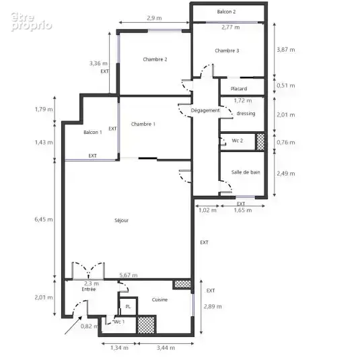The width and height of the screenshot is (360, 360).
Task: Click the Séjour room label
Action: [x=121, y=221]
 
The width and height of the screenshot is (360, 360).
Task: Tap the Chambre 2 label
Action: [x=155, y=59]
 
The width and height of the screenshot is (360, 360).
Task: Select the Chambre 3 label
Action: [x=227, y=50]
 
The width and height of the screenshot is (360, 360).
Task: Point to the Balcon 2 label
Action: [x=226, y=11]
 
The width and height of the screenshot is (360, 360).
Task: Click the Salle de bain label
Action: [x=246, y=172]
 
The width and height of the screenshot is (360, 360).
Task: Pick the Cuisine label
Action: [x=159, y=299]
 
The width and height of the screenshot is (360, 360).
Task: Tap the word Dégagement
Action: [x=205, y=110]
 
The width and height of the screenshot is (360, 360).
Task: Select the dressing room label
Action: [x=246, y=114]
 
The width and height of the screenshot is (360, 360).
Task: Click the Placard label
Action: [x=239, y=89]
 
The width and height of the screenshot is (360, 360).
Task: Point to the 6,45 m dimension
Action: [x=44, y=219]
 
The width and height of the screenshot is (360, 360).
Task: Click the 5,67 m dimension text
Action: [x=129, y=275]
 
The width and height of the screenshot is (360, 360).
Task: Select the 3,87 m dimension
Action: [x=286, y=50]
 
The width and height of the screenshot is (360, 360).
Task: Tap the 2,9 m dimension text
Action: [x=154, y=18]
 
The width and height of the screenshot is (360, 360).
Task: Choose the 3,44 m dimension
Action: [x=166, y=348]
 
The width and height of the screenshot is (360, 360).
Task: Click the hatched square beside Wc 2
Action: [x=260, y=142]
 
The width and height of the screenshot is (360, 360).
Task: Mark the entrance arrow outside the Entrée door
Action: [x=73, y=325]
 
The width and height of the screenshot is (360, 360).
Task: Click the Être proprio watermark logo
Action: [x=32, y=22]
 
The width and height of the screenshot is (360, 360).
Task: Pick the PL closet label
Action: [x=128, y=307]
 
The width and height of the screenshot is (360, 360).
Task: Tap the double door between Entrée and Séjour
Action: [x=88, y=271]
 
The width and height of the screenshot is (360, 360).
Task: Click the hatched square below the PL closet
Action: [x=146, y=324]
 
